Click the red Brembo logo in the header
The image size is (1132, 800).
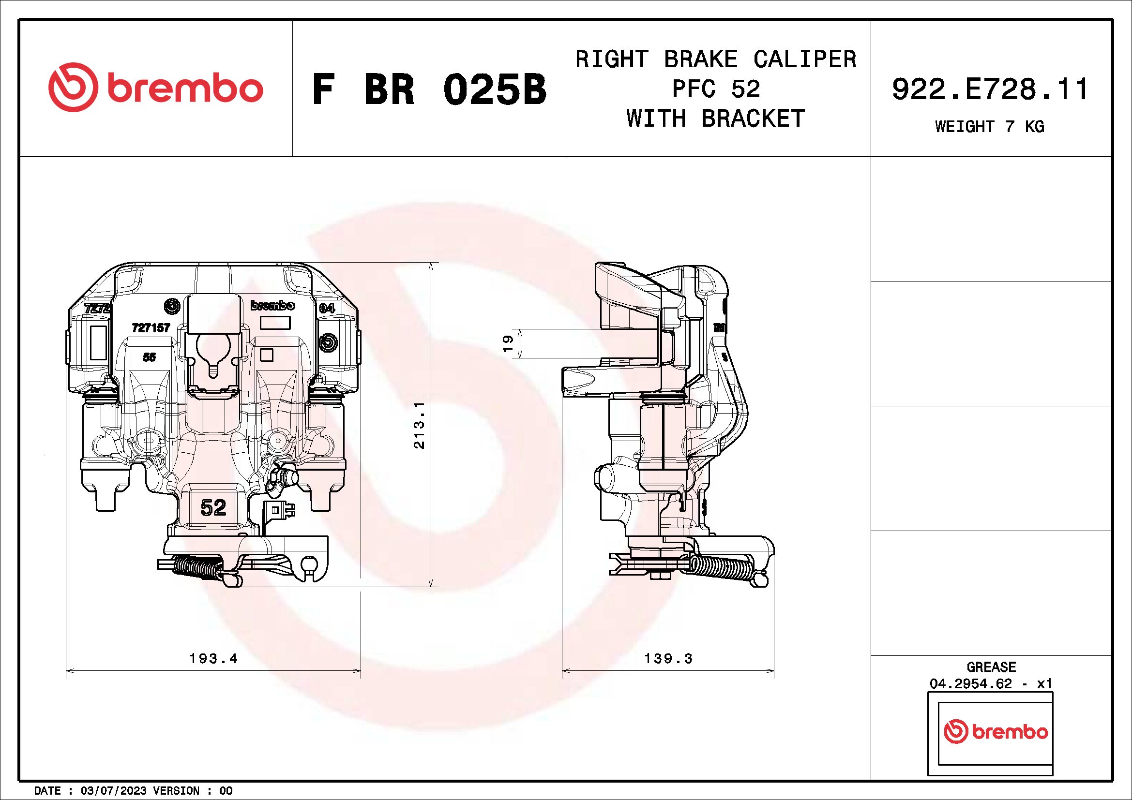point(155,88)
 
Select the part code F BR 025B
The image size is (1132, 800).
point(429,90)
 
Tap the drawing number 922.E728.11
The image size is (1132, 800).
point(990,89)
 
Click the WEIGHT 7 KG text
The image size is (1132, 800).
point(990,127)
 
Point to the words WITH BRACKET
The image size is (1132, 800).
point(715,119)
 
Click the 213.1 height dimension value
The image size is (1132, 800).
point(419,425)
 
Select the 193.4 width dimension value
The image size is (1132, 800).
point(213,658)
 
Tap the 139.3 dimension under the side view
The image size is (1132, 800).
point(668,658)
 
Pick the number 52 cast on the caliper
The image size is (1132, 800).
point(213,507)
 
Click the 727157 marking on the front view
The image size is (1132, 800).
point(151,327)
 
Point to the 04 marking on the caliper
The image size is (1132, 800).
point(327,309)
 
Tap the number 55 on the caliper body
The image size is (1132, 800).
point(150,356)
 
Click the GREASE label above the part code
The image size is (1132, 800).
point(991,667)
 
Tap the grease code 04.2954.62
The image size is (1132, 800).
point(970,684)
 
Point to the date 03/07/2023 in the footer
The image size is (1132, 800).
point(113,791)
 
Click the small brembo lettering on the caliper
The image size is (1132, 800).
point(272,305)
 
